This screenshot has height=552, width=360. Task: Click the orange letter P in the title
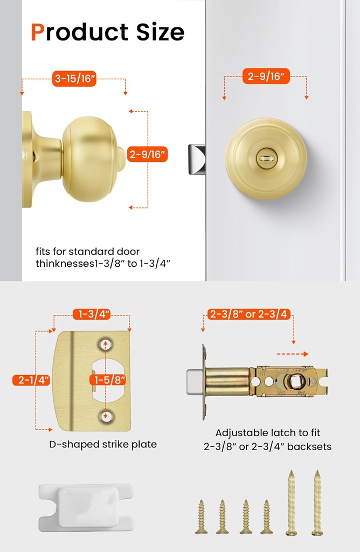(x=38, y=32)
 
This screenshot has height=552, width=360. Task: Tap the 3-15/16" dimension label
(x=74, y=79)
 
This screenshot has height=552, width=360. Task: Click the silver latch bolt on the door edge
(x=196, y=160)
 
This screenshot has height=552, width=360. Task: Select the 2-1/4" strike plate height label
(x=32, y=380)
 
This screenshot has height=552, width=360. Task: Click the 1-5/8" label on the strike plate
(x=110, y=380)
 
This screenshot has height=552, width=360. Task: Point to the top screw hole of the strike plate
(x=106, y=344)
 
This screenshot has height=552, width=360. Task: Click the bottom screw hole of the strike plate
(x=106, y=416)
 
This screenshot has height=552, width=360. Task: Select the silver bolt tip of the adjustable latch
(x=194, y=382)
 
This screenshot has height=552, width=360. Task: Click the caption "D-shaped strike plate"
(x=103, y=445)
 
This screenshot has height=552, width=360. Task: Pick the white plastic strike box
(x=86, y=507)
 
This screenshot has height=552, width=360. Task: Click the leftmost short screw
(x=202, y=516)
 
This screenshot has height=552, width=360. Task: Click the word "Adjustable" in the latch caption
(x=239, y=433)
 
